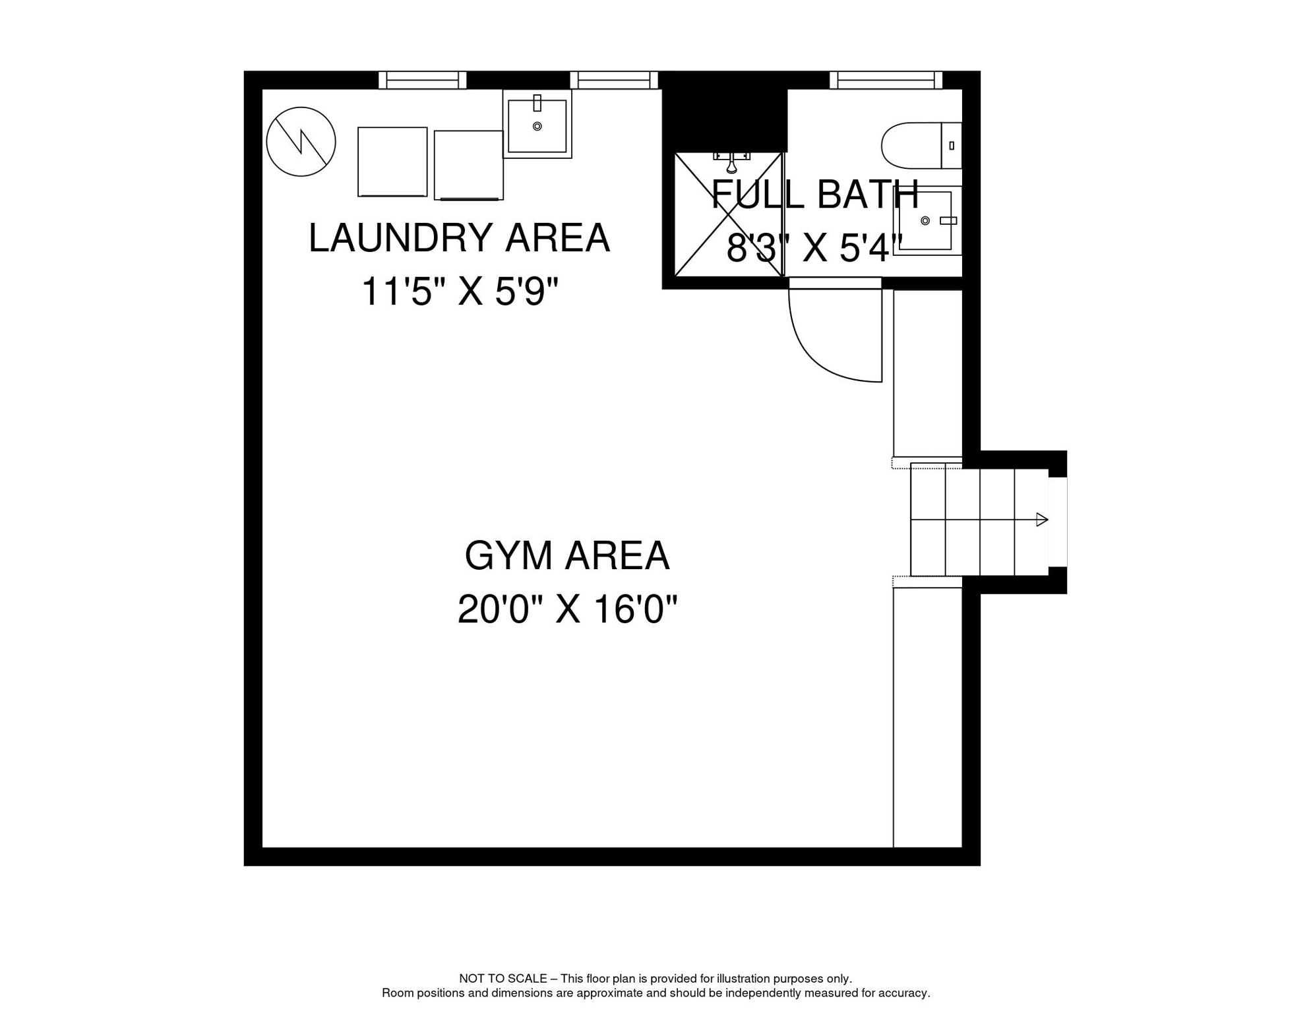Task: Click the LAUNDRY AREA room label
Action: coord(459,238)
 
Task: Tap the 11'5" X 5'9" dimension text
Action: coord(460,292)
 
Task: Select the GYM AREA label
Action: coord(566,556)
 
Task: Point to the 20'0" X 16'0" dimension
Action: coord(567,609)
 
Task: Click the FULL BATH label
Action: coord(815,195)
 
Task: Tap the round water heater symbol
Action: coord(301,142)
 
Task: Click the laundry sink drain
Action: coord(537,126)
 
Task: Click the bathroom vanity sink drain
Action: coord(925,221)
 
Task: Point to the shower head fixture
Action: coord(731,161)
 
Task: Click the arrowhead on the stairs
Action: coord(1042,520)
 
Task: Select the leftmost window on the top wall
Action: coord(422,80)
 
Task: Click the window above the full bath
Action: coord(886,80)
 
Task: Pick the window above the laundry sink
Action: coord(613,80)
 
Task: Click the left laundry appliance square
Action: coord(392,162)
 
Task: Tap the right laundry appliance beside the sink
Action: coord(468,165)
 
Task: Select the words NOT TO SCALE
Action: coord(503,979)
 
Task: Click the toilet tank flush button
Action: coord(952,146)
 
